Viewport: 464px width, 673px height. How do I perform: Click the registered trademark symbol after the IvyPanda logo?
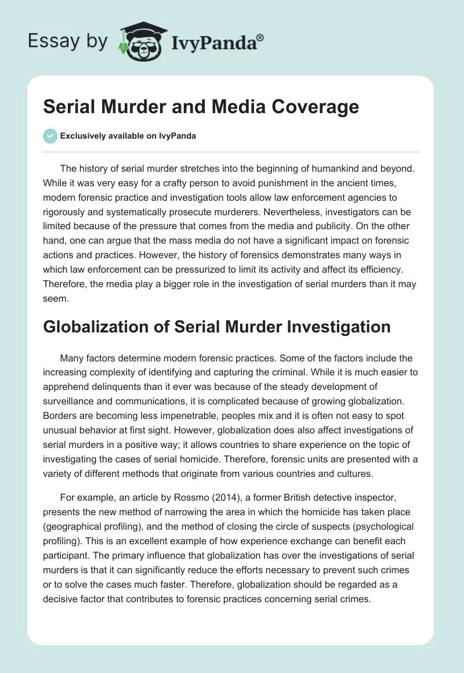(260, 38)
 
